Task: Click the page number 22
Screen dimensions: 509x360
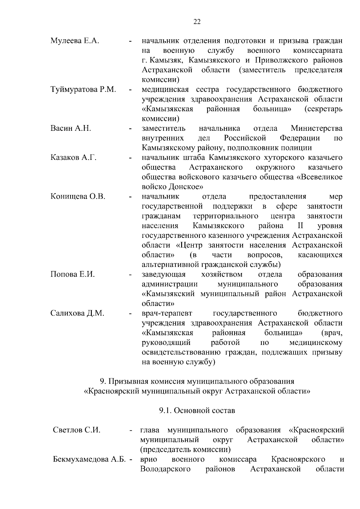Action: coord(197,22)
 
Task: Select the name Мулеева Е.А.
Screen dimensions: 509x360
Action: coord(75,41)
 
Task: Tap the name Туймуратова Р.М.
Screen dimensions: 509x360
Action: coord(83,89)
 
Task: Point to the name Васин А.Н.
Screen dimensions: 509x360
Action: coord(71,128)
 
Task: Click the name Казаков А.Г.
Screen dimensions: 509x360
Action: coord(73,157)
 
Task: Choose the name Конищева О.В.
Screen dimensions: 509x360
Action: coord(78,196)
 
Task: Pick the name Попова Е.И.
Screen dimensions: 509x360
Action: coord(73,274)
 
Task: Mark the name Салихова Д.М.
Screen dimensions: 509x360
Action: coord(77,313)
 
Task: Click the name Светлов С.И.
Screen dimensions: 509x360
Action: coord(76,430)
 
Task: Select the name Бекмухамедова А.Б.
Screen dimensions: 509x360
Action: coord(89,459)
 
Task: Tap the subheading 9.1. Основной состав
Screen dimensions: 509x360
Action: coord(197,410)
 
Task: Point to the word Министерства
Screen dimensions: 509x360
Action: coord(316,128)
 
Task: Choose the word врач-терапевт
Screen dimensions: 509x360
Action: coord(167,313)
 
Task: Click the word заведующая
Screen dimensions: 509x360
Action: coord(164,274)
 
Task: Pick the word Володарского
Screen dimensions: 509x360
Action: coord(165,469)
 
